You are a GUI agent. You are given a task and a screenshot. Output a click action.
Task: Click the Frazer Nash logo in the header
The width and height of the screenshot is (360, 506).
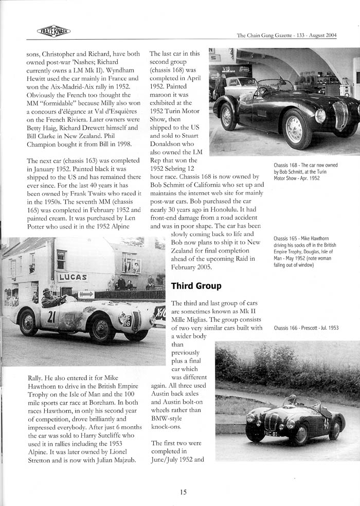point(53,31)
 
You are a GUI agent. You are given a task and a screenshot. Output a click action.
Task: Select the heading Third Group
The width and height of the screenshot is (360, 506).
point(196,285)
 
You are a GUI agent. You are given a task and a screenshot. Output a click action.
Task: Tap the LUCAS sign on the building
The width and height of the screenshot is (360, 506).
point(72,277)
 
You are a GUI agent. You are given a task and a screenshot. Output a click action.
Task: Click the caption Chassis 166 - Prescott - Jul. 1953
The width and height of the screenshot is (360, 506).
point(306,328)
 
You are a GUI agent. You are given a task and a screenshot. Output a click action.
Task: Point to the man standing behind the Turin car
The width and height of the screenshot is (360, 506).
point(220,84)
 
